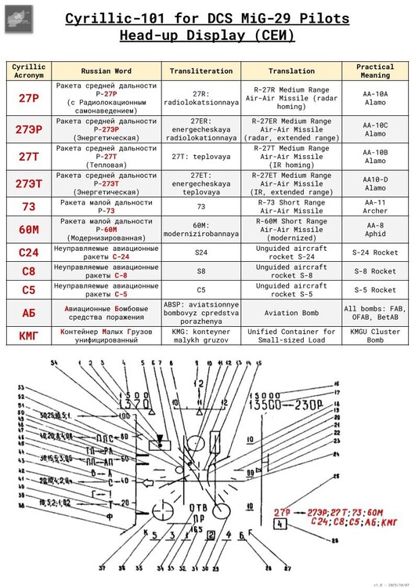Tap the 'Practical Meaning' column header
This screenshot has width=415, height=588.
tap(375, 71)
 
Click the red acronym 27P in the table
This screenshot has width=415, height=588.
tap(29, 98)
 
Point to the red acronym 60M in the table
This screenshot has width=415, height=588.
tap(29, 230)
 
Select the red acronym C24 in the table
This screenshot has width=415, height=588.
tap(29, 252)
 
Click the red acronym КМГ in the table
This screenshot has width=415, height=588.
tap(29, 336)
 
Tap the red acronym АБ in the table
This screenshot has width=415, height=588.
tap(29, 313)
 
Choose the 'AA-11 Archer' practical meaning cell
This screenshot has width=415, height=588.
tap(375, 207)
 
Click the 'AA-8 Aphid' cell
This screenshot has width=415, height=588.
tap(375, 230)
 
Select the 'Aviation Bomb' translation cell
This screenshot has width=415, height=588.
tap(291, 313)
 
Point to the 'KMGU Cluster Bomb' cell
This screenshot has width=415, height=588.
tap(375, 336)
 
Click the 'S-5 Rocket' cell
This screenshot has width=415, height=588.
tap(375, 291)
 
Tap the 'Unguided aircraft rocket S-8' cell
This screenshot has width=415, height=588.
tap(291, 271)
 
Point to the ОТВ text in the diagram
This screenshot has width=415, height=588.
tap(199, 506)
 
